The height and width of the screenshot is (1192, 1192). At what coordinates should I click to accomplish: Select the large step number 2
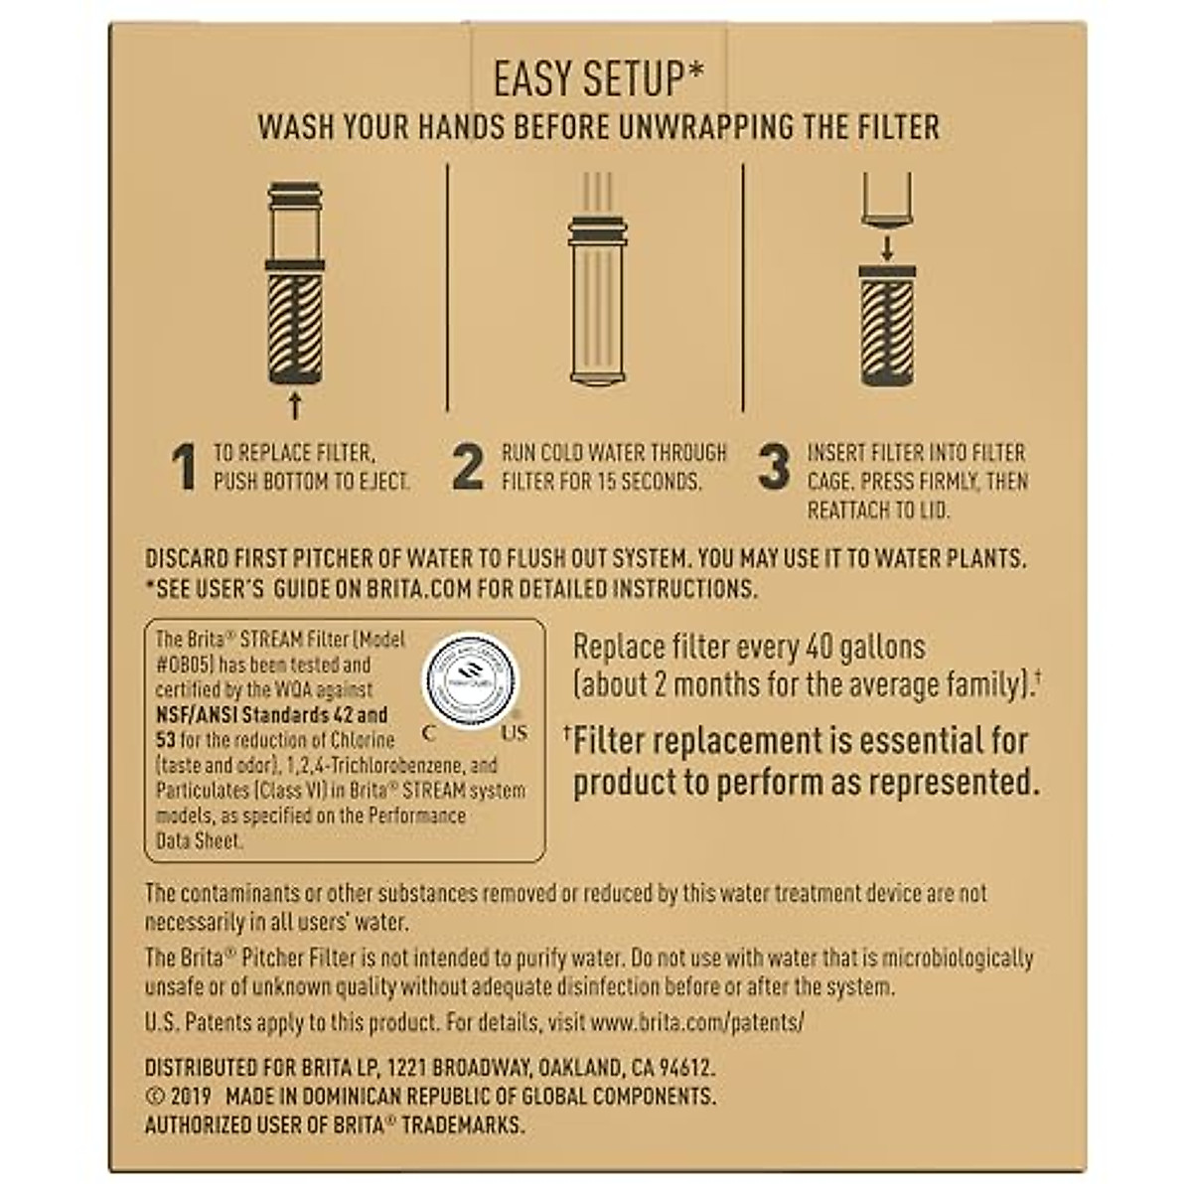[468, 468]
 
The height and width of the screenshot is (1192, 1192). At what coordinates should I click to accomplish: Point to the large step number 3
[774, 468]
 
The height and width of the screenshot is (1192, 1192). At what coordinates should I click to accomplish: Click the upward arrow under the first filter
[294, 404]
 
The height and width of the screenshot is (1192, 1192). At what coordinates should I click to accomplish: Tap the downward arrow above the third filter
[887, 244]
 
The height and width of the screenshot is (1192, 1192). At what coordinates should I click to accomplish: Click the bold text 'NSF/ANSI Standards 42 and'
[272, 715]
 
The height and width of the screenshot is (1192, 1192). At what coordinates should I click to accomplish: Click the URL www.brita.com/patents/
[696, 1021]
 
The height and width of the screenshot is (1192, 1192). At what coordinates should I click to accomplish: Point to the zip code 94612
[683, 1068]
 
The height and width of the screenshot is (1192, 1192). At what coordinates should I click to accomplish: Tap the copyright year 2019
[190, 1097]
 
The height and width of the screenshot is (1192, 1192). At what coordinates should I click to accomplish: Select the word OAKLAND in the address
[580, 1068]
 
